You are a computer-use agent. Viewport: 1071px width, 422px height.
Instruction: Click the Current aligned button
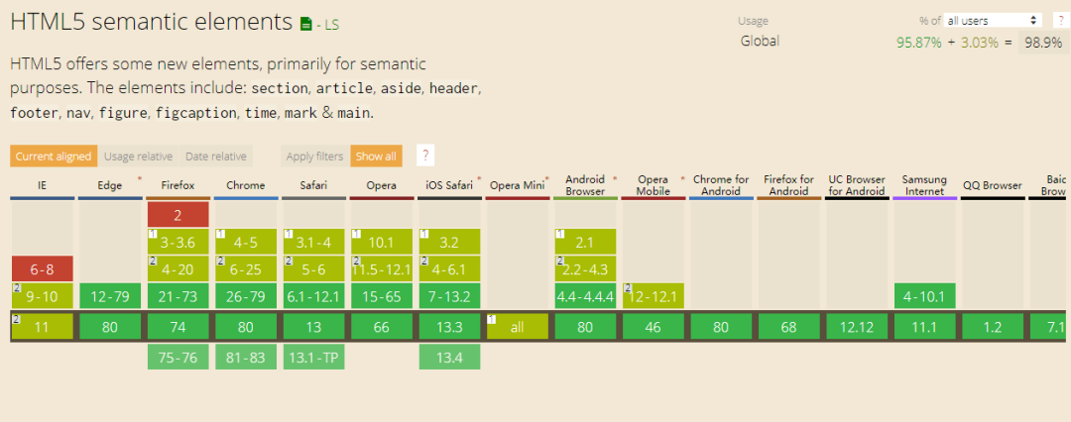pyautogui.click(x=54, y=157)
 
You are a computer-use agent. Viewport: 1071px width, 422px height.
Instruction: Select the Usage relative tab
pyautogui.click(x=138, y=157)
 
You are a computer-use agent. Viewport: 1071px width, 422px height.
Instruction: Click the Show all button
pyautogui.click(x=376, y=157)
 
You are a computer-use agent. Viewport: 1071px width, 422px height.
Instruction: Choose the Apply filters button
pyautogui.click(x=315, y=157)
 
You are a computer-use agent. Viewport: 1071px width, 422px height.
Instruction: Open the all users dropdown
pyautogui.click(x=993, y=21)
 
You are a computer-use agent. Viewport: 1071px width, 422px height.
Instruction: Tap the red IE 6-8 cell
pyautogui.click(x=42, y=269)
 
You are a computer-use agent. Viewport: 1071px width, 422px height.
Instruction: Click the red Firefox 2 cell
pyautogui.click(x=178, y=215)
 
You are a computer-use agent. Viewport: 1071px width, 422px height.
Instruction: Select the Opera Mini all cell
pyautogui.click(x=517, y=327)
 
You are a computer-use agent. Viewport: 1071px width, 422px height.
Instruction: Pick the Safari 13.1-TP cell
pyautogui.click(x=313, y=358)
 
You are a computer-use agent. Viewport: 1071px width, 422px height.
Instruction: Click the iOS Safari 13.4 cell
pyautogui.click(x=449, y=358)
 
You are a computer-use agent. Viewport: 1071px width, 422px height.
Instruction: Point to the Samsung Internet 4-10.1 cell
pyautogui.click(x=925, y=296)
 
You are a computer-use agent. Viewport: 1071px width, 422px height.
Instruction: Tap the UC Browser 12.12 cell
pyautogui.click(x=857, y=327)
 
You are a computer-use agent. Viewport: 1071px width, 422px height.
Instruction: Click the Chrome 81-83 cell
pyautogui.click(x=246, y=358)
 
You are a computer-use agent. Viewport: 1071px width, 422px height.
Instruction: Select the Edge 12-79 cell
pyautogui.click(x=110, y=296)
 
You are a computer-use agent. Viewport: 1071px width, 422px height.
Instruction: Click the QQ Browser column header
pyautogui.click(x=993, y=185)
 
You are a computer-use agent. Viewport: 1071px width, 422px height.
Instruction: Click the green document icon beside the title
pyautogui.click(x=306, y=25)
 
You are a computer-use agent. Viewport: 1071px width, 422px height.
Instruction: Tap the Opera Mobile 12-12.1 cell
pyautogui.click(x=653, y=296)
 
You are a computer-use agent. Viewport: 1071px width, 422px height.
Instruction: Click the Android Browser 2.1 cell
pyautogui.click(x=585, y=242)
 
